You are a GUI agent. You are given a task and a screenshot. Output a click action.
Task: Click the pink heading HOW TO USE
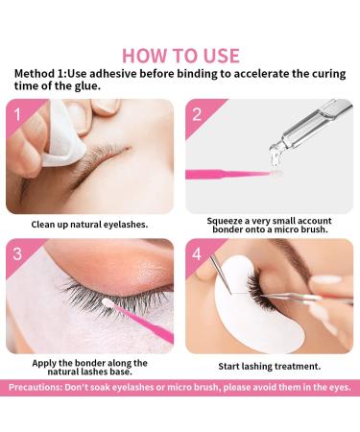(180, 56)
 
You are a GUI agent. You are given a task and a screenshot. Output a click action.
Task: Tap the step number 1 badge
(17, 114)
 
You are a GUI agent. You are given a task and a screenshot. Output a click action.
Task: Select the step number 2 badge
(197, 114)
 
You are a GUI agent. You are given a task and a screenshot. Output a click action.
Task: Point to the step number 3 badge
(17, 253)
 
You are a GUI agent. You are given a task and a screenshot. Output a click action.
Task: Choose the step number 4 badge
(197, 253)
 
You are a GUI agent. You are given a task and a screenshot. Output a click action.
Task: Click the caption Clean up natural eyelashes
(89, 225)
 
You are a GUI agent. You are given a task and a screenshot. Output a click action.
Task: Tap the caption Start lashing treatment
(270, 366)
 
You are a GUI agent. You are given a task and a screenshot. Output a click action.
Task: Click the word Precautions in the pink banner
(35, 387)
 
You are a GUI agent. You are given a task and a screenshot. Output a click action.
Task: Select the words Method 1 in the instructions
(39, 74)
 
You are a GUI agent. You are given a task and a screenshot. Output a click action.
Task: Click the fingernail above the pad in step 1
(106, 108)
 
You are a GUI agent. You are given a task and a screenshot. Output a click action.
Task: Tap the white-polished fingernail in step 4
(325, 280)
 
